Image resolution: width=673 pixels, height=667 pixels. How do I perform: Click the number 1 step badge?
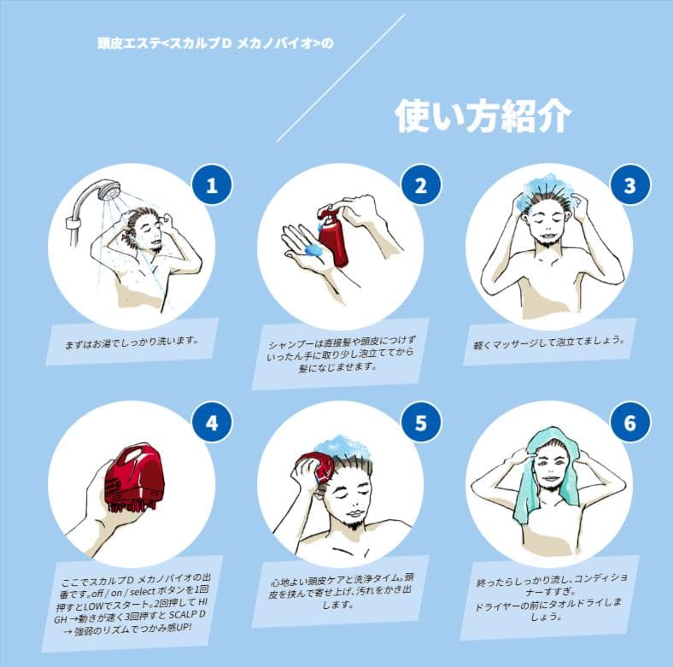(x=212, y=185)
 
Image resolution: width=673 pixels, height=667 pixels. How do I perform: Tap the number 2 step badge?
(x=420, y=185)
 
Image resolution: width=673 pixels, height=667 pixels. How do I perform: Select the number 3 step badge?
(x=629, y=185)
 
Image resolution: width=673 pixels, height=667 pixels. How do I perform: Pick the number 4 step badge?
(x=212, y=423)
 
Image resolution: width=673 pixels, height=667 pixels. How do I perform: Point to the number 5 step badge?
(x=420, y=423)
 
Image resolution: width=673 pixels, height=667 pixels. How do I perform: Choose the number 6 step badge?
(x=629, y=423)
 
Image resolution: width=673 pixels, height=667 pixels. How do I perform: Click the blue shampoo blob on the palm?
(x=314, y=249)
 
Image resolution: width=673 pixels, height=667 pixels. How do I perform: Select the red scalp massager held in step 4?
(x=134, y=476)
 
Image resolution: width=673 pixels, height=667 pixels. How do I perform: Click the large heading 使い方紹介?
(x=483, y=116)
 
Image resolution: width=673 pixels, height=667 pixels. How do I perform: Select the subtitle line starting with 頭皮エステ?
(x=215, y=44)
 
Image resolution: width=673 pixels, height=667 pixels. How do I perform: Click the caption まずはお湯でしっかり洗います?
(x=132, y=343)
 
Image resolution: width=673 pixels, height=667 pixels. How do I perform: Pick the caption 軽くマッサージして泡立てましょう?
(x=549, y=342)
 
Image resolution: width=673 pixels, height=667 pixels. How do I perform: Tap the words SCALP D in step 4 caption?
(x=187, y=615)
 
